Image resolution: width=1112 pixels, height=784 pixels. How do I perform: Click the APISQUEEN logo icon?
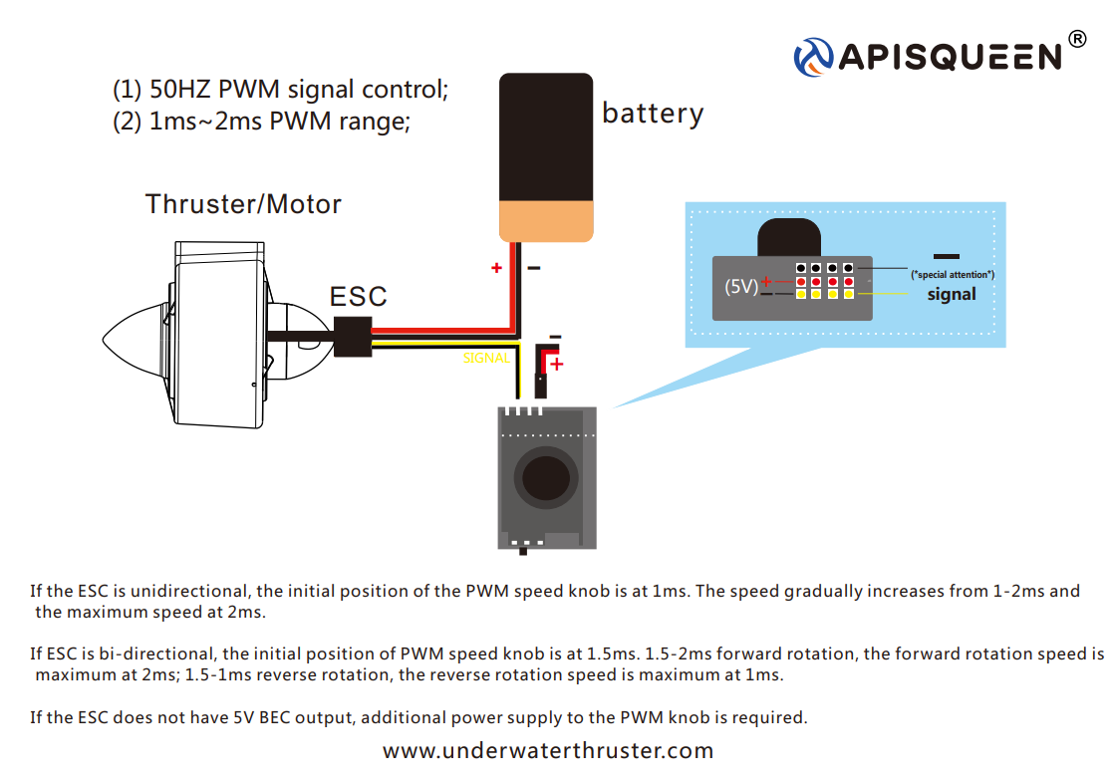point(813,56)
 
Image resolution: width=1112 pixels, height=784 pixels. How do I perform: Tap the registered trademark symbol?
point(1077,39)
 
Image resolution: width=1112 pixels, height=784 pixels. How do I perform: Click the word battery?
point(653,114)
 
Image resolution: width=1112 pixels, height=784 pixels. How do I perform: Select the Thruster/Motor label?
point(243,204)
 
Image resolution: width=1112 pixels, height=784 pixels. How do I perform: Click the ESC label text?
point(359,297)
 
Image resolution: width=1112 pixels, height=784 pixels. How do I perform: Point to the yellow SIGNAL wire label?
point(486,358)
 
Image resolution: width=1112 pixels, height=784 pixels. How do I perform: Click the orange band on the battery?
point(547,220)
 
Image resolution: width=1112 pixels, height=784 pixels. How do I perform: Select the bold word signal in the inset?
point(952,294)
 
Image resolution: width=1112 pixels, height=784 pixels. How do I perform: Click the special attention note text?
point(953,274)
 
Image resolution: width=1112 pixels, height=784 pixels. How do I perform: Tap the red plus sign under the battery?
point(495,267)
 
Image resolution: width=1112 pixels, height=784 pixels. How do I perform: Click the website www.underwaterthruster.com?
point(548,750)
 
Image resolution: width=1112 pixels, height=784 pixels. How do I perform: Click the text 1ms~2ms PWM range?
point(278,122)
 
